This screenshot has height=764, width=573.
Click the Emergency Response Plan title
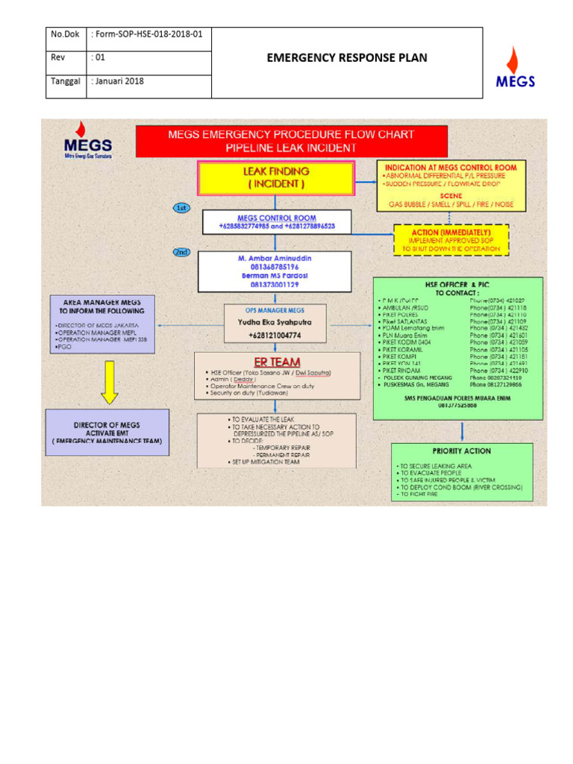click(x=347, y=58)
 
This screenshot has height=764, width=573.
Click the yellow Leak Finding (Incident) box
click(x=275, y=177)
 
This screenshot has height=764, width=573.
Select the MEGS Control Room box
click(x=277, y=221)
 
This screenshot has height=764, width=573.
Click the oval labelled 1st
click(x=181, y=208)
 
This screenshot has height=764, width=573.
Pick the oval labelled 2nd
click(x=181, y=252)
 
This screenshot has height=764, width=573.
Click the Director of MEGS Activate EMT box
click(x=107, y=433)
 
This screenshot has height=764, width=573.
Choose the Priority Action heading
click(x=461, y=451)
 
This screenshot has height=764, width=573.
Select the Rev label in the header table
click(x=58, y=57)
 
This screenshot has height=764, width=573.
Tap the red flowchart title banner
click(x=292, y=141)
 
